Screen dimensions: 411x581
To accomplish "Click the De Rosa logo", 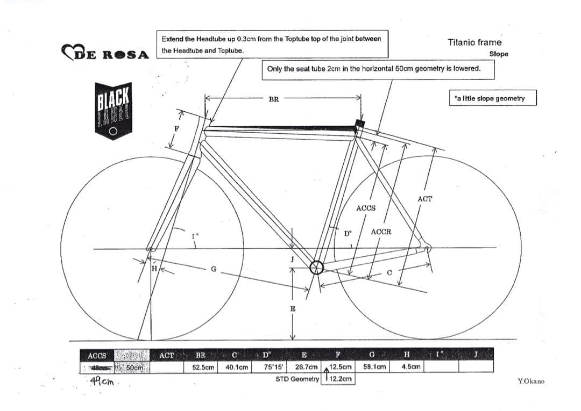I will [105, 53].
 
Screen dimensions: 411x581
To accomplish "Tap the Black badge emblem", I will [113, 111].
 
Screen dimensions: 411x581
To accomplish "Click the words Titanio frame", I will [474, 42].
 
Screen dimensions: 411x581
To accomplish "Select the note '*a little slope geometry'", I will [492, 98].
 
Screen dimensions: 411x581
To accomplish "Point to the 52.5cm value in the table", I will [203, 367].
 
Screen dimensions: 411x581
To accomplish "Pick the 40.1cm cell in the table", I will [237, 367].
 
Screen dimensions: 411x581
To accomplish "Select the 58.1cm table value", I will [375, 367].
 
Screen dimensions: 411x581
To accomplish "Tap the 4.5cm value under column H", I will [412, 367].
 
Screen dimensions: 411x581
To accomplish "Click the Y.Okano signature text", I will [530, 381].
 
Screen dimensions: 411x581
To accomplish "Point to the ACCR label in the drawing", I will [381, 232].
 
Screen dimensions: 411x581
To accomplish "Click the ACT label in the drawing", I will [424, 199].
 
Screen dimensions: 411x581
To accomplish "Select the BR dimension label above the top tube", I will [273, 99].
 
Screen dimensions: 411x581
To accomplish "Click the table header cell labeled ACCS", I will [97, 356].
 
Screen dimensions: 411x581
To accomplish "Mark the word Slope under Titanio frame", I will [499, 54].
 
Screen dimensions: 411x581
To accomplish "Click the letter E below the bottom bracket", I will [293, 309].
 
